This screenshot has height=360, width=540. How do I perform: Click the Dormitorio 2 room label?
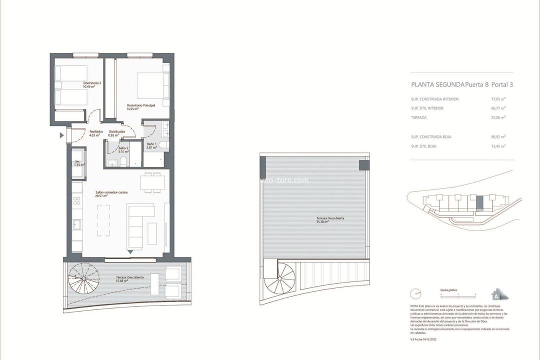(78, 84)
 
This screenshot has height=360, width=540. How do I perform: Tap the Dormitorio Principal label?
(141, 107)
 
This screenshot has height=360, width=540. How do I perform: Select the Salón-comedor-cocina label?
(108, 194)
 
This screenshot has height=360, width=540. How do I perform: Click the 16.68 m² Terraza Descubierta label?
(130, 279)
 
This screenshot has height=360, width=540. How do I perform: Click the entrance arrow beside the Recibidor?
(62, 135)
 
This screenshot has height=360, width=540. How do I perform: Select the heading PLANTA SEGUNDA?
(437, 84)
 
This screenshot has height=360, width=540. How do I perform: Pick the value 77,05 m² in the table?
(498, 99)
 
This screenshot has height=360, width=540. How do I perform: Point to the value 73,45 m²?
(498, 145)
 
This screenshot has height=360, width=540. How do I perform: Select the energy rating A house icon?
(496, 292)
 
